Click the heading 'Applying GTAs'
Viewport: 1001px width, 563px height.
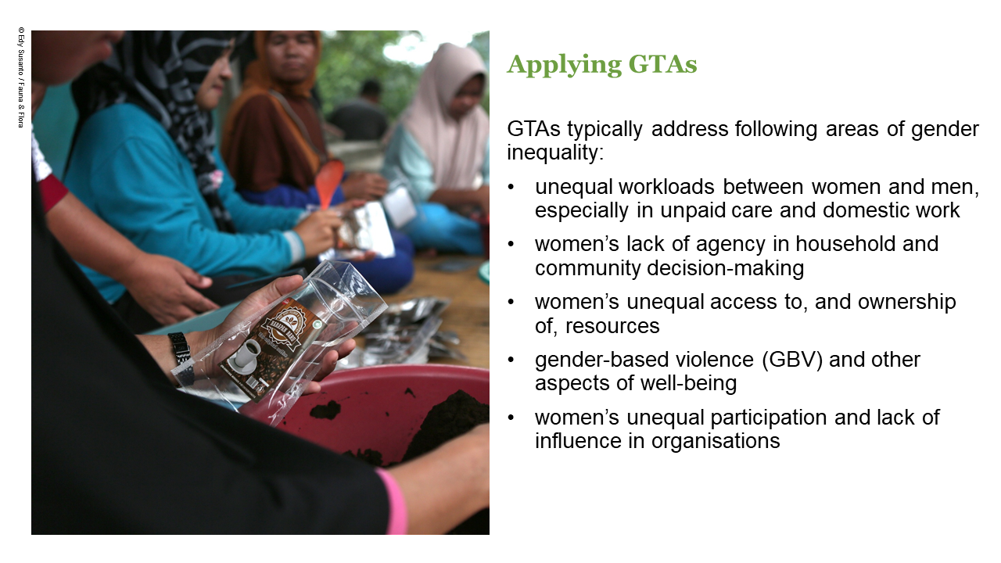coord(601,64)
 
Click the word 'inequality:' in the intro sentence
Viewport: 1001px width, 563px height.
coord(555,152)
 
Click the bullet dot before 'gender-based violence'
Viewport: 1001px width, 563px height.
coord(511,360)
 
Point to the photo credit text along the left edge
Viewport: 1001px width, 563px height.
coord(20,78)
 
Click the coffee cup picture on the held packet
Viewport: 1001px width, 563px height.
coord(244,357)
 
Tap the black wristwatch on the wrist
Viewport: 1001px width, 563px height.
coord(181,358)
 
